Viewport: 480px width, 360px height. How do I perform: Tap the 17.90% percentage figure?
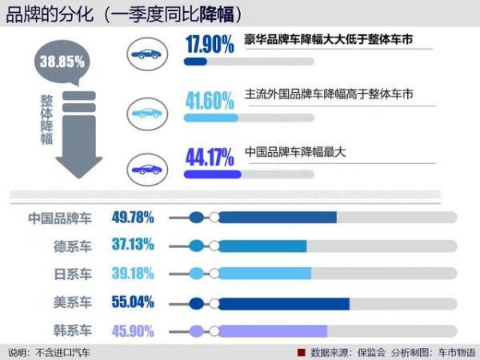pos(210,45)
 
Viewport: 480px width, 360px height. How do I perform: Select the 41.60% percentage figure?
pos(210,101)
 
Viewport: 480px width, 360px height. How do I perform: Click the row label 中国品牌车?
pos(60,217)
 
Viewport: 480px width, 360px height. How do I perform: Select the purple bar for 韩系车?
pos(273,330)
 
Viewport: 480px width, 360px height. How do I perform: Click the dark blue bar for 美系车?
pos(284,302)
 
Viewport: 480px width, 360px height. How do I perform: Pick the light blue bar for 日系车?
pos(265,274)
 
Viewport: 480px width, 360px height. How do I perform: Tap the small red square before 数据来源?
pos(302,352)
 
